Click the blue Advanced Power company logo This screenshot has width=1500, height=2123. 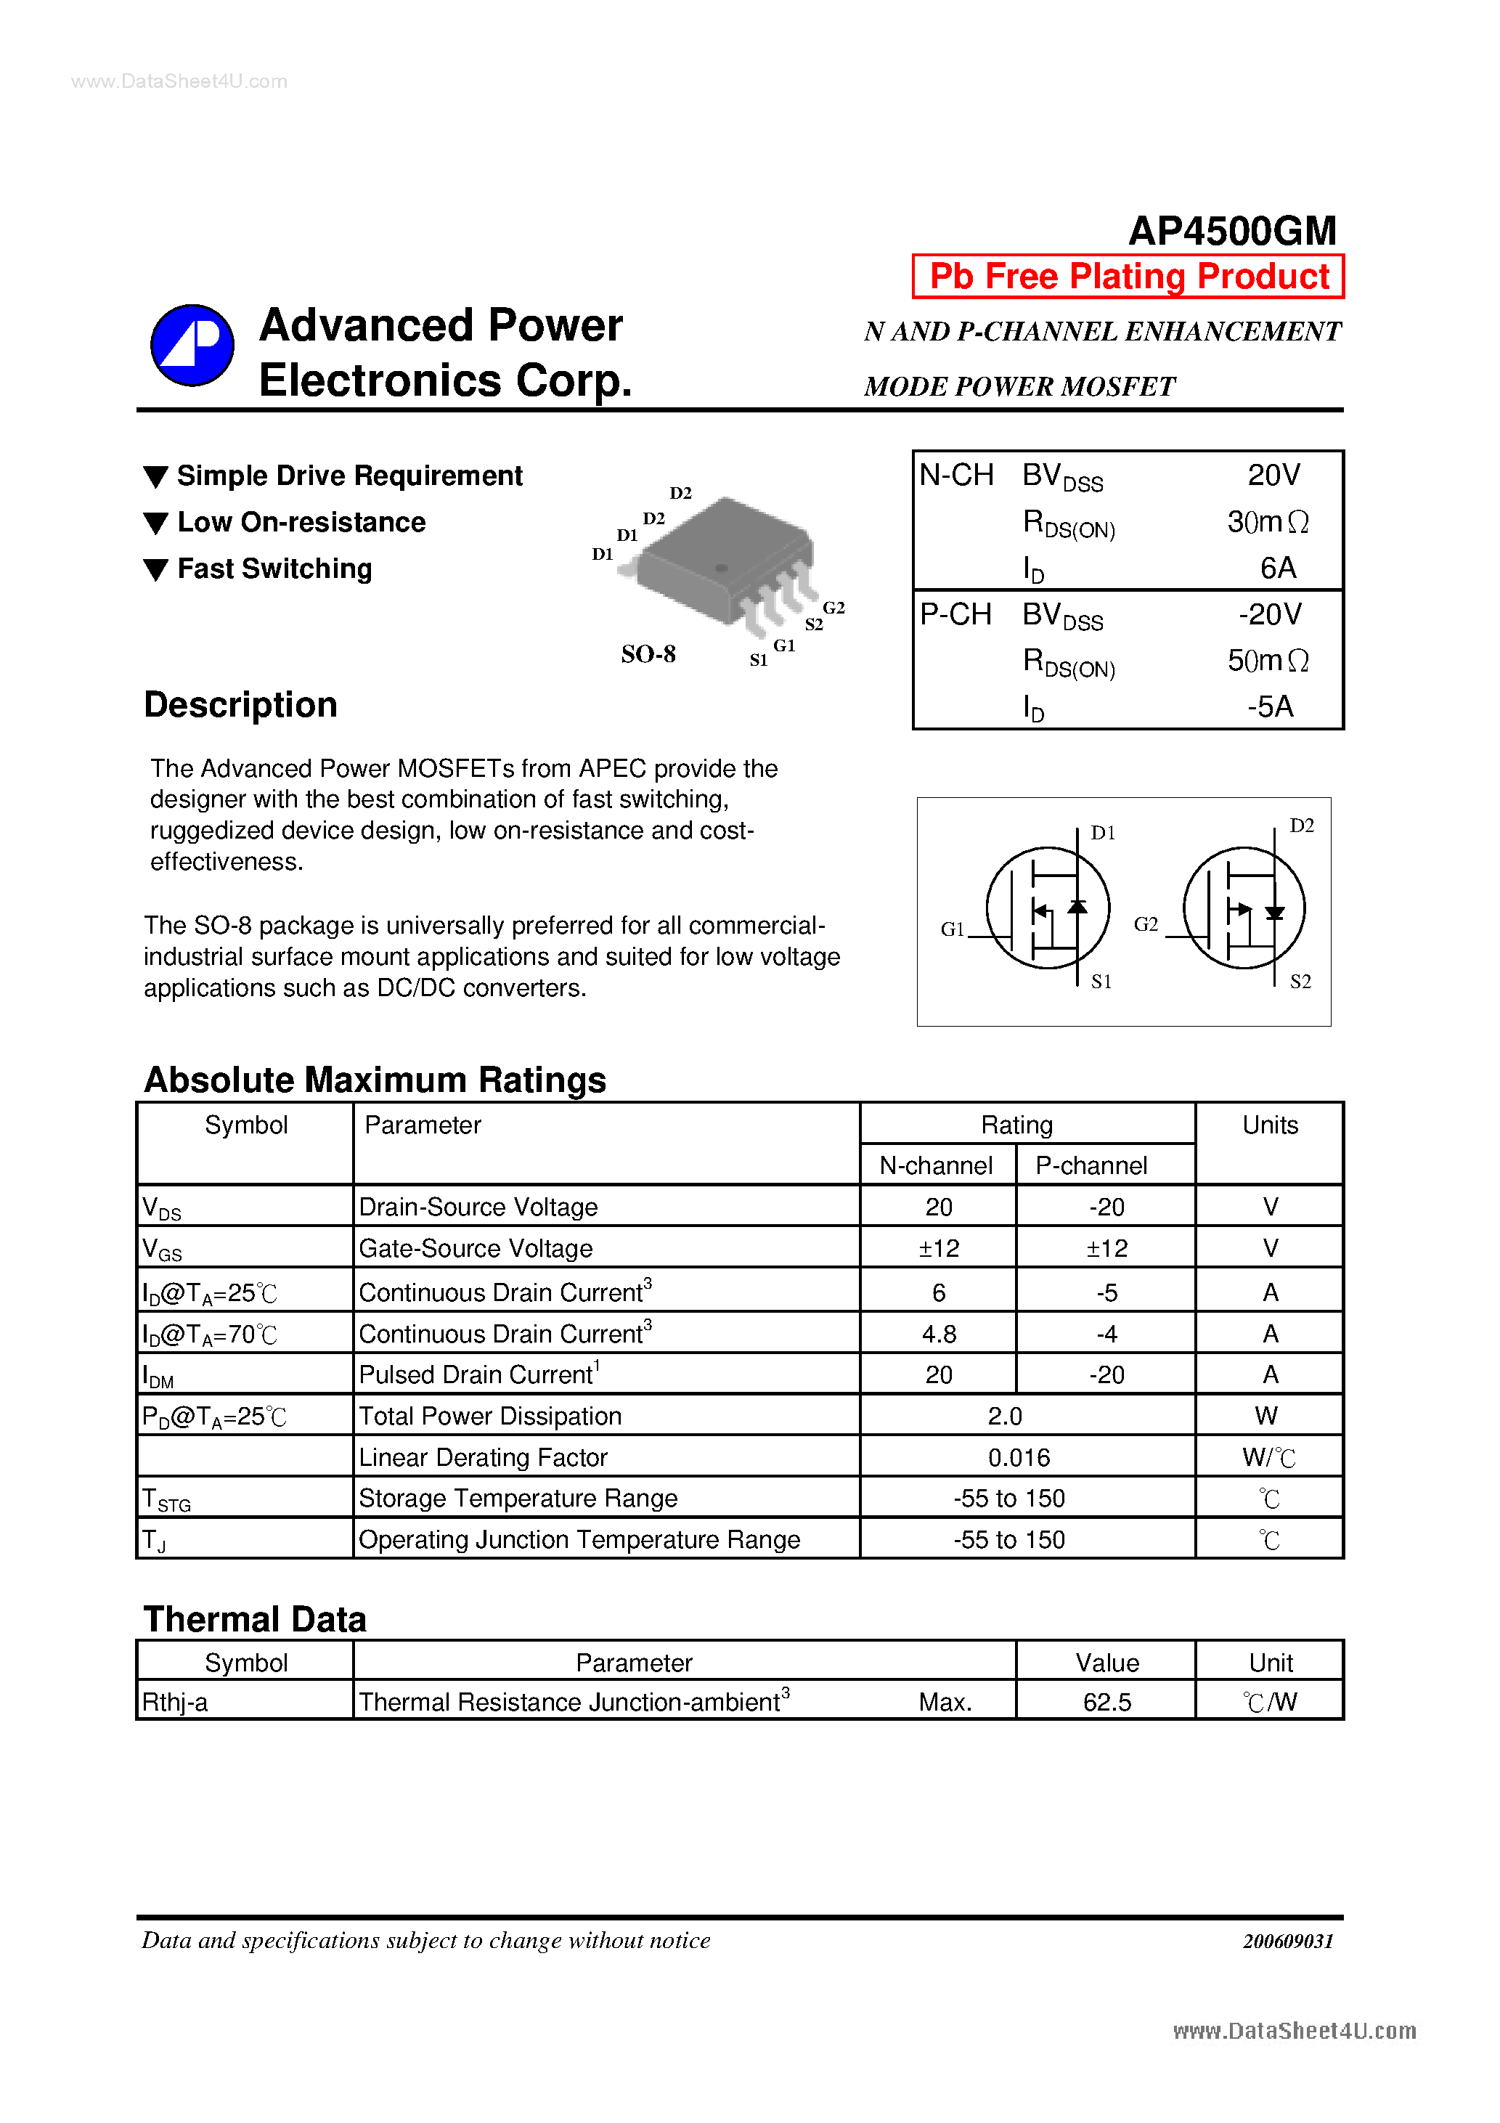pyautogui.click(x=192, y=345)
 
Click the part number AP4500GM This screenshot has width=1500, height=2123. pyautogui.click(x=1232, y=231)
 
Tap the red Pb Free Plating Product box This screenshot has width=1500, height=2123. pyautogui.click(x=1128, y=277)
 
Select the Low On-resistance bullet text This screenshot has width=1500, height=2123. pyautogui.click(x=301, y=523)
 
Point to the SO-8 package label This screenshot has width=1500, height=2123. pyautogui.click(x=648, y=655)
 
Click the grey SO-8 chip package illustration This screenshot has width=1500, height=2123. pyautogui.click(x=724, y=561)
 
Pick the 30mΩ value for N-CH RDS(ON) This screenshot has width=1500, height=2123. pyautogui.click(x=1267, y=523)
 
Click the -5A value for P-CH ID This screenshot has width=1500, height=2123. pyautogui.click(x=1270, y=707)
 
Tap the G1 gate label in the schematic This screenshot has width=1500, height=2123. pyautogui.click(x=952, y=929)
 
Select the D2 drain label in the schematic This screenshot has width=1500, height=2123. pyautogui.click(x=1301, y=826)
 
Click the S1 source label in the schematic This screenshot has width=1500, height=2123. pyautogui.click(x=1101, y=982)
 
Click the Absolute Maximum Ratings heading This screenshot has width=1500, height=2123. pyautogui.click(x=375, y=1080)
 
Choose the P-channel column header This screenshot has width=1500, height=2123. pyautogui.click(x=1091, y=1166)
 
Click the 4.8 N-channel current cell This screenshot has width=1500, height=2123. pyautogui.click(x=939, y=1334)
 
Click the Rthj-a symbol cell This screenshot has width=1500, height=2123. pyautogui.click(x=175, y=1703)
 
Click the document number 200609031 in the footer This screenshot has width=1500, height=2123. pyautogui.click(x=1287, y=1941)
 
